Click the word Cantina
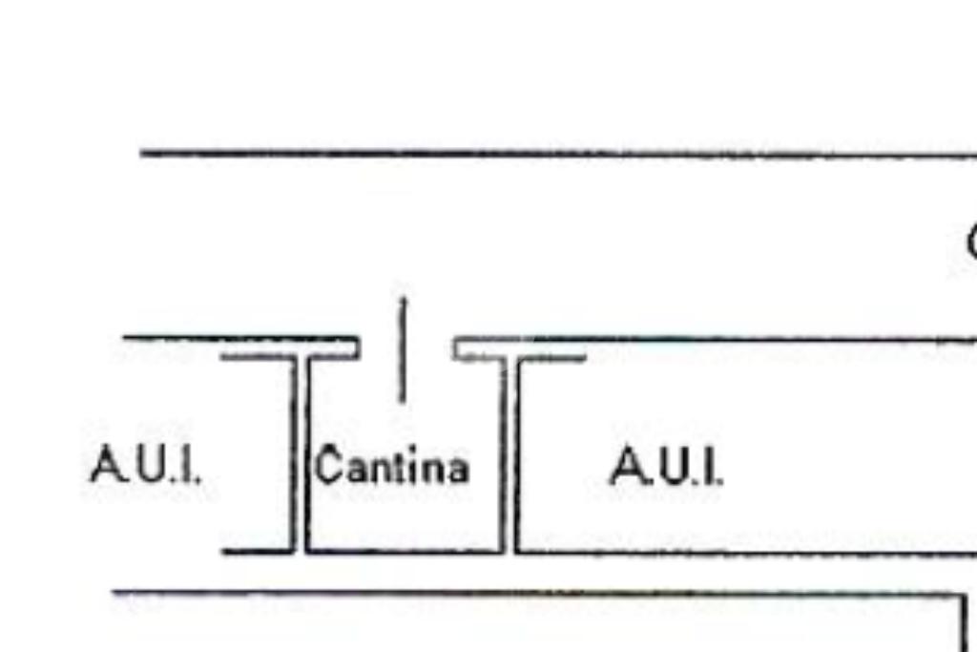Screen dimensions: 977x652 point(392,467)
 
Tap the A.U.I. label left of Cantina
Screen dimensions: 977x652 point(146,466)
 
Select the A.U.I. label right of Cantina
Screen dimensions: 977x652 point(666,466)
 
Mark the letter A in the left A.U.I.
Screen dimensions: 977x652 point(106,466)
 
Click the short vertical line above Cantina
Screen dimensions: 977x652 point(402,349)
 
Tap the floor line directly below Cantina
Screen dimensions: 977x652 point(401,551)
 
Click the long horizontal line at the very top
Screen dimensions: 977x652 point(553,153)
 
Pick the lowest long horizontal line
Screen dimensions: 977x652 point(534,595)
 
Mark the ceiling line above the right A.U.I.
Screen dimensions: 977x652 point(744,339)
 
